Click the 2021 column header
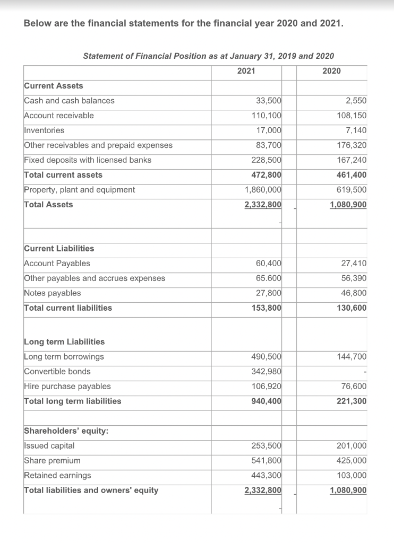point(246,71)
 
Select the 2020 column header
point(331,71)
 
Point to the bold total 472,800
point(267,175)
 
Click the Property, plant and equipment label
point(80,190)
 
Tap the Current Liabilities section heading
point(59,249)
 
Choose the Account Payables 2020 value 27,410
point(353,264)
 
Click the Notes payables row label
point(53,293)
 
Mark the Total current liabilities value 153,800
point(267,308)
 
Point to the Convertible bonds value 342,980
point(267,372)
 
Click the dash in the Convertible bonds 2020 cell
point(365,372)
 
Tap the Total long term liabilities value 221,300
point(352,401)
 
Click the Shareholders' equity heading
point(67,431)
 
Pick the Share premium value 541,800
point(267,461)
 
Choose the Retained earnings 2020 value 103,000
point(352,476)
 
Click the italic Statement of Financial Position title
point(209,56)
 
